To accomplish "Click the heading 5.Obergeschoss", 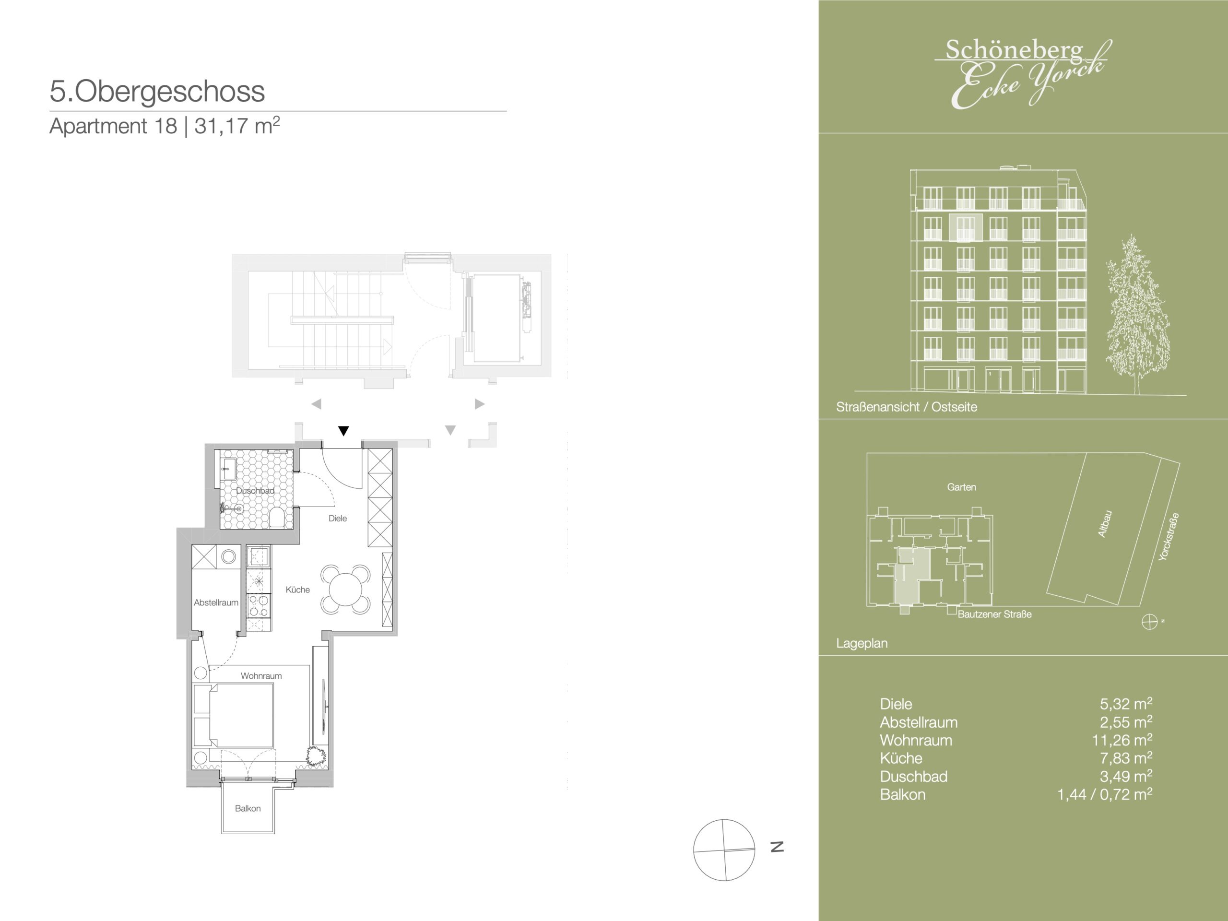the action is tap(157, 92).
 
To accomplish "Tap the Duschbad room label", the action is tap(255, 491).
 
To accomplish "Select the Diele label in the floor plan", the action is tap(338, 519).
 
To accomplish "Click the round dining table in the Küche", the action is tap(345, 589).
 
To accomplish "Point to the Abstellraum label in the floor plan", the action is tap(216, 602).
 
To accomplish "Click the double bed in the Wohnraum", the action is tap(234, 715).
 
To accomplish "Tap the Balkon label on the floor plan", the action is tap(248, 808).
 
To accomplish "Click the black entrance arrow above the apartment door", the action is tap(343, 431).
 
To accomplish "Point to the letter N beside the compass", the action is tap(777, 847).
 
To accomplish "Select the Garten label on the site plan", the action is tap(961, 487).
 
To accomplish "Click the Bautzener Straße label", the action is tap(995, 614).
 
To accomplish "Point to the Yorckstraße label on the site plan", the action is tap(1169, 537).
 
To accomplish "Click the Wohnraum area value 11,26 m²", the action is tap(1122, 740).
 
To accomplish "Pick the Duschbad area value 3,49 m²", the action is tap(1126, 776).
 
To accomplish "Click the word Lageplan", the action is tap(862, 643).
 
